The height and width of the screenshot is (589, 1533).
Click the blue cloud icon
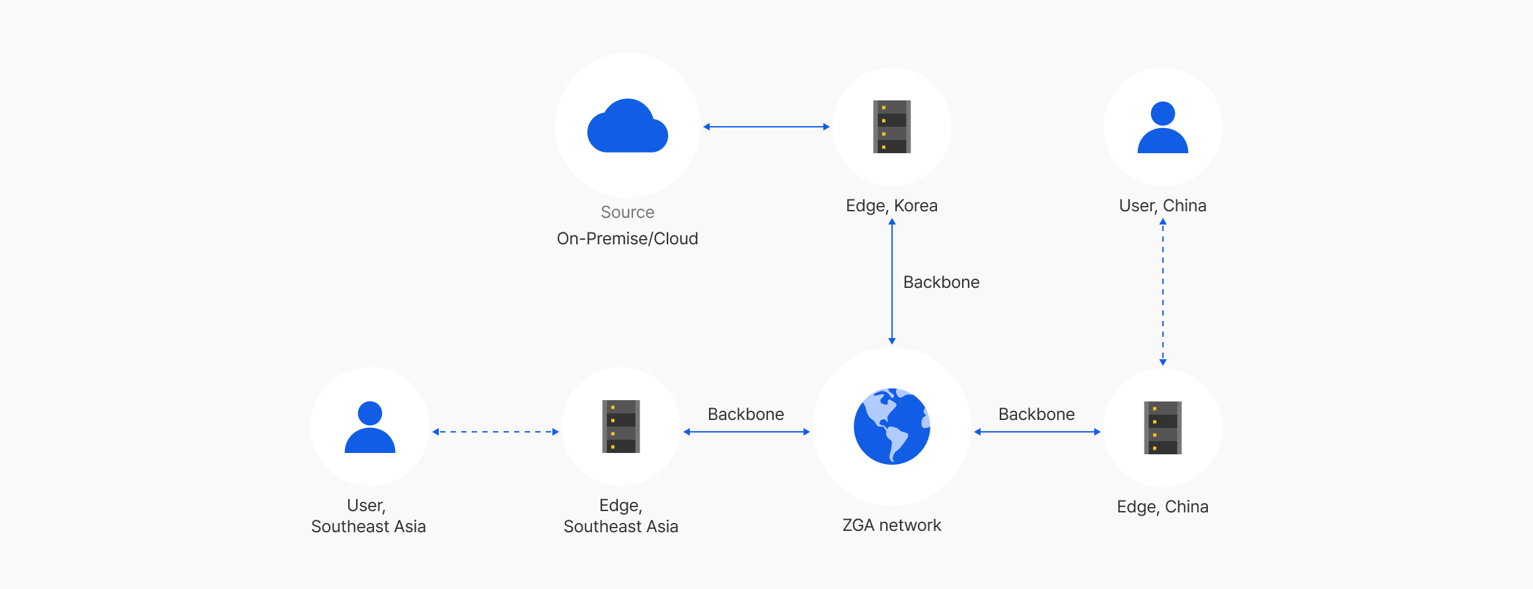(x=627, y=127)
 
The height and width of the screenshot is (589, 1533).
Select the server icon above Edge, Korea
(x=891, y=127)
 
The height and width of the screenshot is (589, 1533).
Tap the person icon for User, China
(x=1162, y=127)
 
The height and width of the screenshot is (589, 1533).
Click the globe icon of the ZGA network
(x=891, y=427)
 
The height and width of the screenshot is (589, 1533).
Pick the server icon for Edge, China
(x=1162, y=428)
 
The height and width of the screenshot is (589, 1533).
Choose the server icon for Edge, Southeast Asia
(x=620, y=427)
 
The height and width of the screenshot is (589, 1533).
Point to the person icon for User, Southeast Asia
(x=369, y=427)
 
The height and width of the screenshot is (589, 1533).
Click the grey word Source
(x=627, y=212)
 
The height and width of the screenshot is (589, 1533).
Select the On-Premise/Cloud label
(x=627, y=238)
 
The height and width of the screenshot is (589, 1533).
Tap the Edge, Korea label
(x=891, y=205)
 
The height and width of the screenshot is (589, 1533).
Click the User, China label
(x=1162, y=205)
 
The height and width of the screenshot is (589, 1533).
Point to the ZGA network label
(x=891, y=525)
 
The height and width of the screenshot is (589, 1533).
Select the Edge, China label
(x=1162, y=506)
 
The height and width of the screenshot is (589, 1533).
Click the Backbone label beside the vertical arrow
(x=941, y=282)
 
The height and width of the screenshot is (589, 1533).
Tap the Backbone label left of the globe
(x=745, y=414)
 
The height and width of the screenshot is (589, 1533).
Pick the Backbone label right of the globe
(x=1036, y=414)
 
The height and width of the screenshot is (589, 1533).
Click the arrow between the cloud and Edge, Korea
(x=766, y=127)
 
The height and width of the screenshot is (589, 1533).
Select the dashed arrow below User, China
(x=1163, y=292)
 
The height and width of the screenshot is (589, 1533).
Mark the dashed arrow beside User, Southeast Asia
(x=495, y=432)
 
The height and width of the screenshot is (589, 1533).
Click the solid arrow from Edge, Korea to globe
(x=892, y=281)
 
